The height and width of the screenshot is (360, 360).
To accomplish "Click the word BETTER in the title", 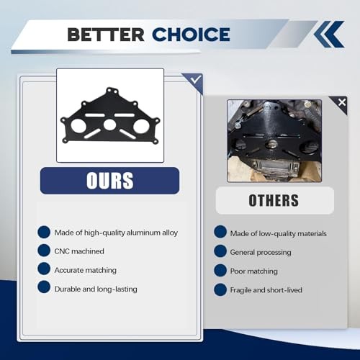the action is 106,35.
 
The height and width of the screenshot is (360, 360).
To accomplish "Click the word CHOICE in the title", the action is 191,35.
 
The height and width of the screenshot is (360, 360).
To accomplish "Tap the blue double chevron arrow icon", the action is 329,34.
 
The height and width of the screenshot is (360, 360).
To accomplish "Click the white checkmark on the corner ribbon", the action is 196,79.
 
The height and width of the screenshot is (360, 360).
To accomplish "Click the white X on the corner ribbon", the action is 342,102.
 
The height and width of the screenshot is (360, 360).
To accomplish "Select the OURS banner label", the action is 110,181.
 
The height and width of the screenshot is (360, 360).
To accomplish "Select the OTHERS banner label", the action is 274,200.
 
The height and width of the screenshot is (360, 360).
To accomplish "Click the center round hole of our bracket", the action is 109,125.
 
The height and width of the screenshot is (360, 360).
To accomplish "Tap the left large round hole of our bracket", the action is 78,125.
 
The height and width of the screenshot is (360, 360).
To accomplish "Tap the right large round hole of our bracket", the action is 141,126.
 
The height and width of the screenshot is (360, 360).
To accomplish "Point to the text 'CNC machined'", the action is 79,251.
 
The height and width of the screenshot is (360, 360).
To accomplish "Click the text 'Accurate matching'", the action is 86,270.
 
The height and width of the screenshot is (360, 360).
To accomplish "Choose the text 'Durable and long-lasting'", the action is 96,289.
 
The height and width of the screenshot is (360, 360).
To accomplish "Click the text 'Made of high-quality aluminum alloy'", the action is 116,233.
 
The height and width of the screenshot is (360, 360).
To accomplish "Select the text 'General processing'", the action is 261,252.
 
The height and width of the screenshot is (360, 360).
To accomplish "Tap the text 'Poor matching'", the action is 254,271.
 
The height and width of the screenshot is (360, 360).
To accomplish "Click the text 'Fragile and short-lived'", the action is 266,290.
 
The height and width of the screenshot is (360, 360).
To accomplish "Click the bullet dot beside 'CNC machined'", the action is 44,251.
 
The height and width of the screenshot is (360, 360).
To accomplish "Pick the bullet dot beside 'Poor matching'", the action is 220,270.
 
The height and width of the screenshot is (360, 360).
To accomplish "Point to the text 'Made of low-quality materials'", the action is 279,233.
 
